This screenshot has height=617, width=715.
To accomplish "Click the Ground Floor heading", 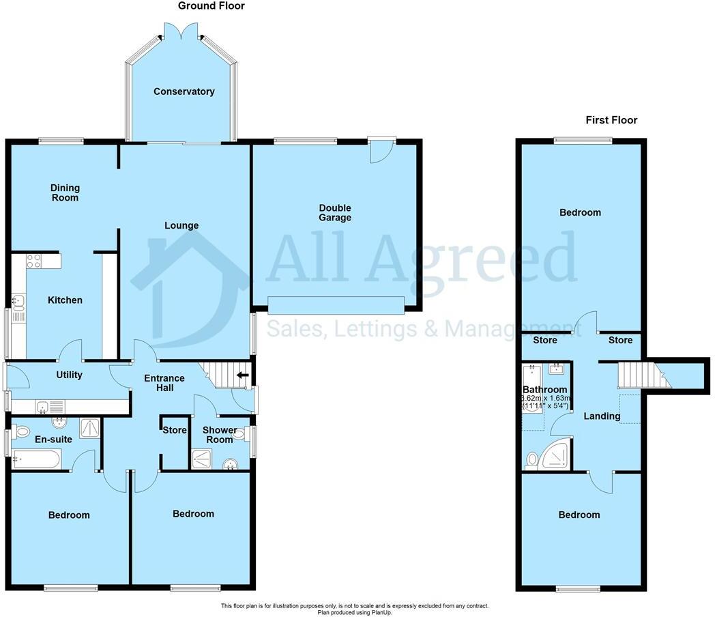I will click(211, 6).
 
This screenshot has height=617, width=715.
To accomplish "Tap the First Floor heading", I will click(611, 120).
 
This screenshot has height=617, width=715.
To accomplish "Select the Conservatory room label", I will click(184, 91).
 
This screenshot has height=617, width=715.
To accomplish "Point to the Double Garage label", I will click(334, 213).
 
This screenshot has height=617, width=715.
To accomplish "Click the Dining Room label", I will click(65, 192).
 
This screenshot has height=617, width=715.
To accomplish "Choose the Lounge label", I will click(181, 225).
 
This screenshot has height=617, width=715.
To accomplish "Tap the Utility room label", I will click(69, 375).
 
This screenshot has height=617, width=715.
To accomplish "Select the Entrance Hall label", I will click(163, 383).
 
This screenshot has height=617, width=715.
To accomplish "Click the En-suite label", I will click(50, 440).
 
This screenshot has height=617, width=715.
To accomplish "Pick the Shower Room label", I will click(220, 435).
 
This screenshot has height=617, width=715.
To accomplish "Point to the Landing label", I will click(602, 416).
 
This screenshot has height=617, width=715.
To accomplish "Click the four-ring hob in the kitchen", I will click(33, 261).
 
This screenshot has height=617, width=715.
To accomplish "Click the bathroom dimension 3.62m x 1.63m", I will click(546, 399).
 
